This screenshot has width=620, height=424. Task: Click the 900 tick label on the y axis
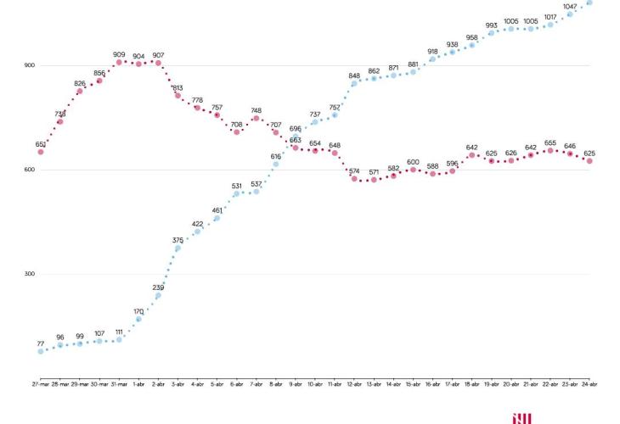tap(29, 65)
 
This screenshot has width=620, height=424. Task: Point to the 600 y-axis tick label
tap(29, 170)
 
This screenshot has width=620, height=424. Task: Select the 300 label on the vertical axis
tap(29, 274)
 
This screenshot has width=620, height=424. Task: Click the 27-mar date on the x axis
tap(41, 384)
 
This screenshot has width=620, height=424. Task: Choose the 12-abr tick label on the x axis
tap(354, 384)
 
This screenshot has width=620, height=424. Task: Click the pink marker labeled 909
tap(119, 62)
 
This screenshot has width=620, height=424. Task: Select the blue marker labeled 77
tap(41, 351)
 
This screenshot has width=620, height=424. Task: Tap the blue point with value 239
tap(158, 295)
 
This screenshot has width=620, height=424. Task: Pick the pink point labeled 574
tap(354, 179)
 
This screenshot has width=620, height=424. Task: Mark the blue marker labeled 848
tap(354, 83)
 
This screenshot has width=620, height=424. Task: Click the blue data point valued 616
tap(276, 164)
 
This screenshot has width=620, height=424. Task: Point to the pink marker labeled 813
tap(178, 95)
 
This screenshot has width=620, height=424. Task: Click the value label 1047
tap(569, 6)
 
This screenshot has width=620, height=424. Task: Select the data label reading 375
tap(178, 240)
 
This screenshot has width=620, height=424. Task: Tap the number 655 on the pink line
tap(550, 142)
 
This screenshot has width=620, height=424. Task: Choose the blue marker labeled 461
tap(217, 218)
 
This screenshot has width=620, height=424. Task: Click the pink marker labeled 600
tap(413, 170)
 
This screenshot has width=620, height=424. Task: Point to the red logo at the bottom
tap(521, 418)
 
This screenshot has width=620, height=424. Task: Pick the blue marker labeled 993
tap(491, 33)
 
